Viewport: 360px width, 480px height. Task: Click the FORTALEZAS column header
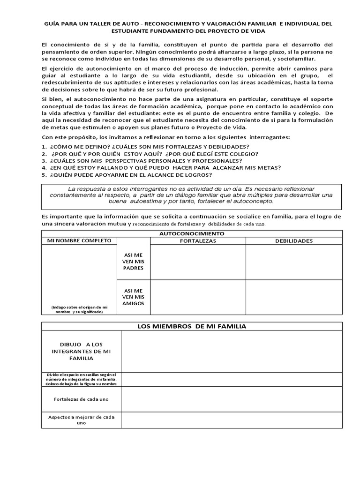pyautogui.click(x=198, y=240)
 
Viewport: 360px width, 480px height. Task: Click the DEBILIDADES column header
pyautogui.click(x=294, y=240)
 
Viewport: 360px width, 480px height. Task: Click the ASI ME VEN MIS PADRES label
pyautogui.click(x=133, y=261)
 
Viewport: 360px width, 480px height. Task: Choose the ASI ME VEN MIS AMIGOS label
pyautogui.click(x=133, y=297)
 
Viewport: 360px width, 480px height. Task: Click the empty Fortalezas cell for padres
pyautogui.click(x=198, y=262)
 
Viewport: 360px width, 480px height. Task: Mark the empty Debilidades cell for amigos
pyautogui.click(x=294, y=297)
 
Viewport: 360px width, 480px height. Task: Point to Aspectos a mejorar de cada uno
pyautogui.click(x=82, y=420)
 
